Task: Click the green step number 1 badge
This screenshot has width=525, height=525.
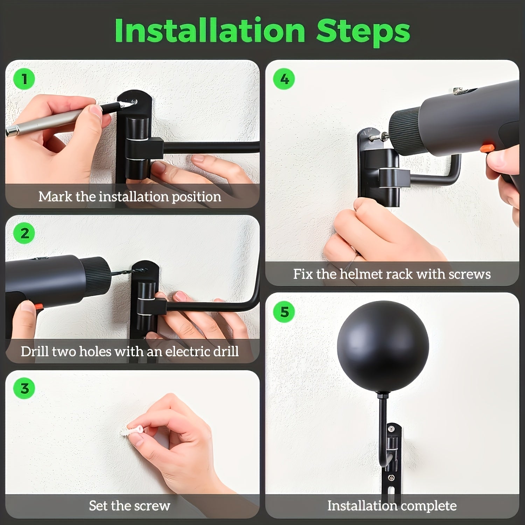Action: (24, 79)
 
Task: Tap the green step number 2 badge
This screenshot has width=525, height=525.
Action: (24, 233)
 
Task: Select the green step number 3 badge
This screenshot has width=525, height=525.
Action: (24, 388)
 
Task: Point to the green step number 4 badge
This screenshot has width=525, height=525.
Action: (284, 79)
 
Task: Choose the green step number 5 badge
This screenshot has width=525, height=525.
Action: (284, 311)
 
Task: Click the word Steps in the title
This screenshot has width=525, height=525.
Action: (363, 31)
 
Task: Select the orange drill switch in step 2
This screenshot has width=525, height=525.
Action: (36, 307)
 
